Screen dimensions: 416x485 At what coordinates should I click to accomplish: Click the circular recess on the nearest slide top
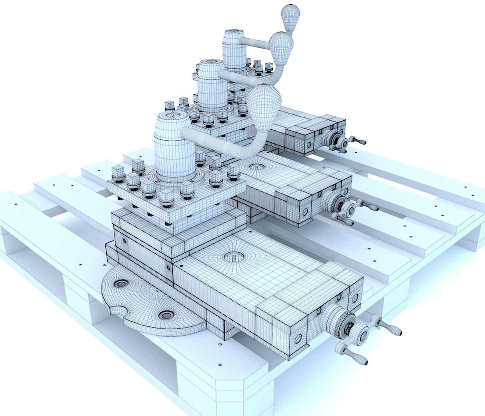235,257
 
